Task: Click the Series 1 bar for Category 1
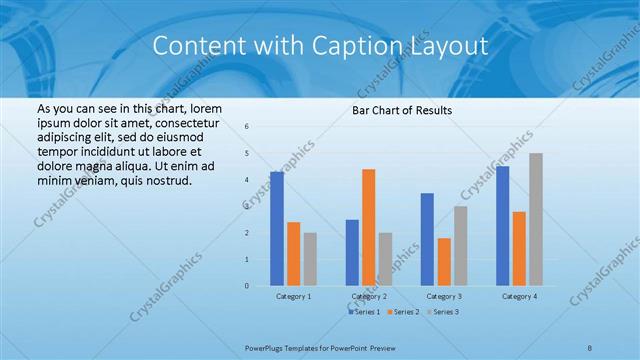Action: point(277,229)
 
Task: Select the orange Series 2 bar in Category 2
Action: point(368,228)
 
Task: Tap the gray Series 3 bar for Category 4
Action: point(536,220)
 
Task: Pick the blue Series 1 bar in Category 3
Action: point(427,240)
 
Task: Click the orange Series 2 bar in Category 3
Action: point(444,262)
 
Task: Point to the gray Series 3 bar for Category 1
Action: point(310,259)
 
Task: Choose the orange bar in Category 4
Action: point(519,249)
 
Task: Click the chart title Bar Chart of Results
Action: point(401,110)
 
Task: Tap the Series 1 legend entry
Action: point(365,312)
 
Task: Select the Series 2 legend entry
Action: point(403,312)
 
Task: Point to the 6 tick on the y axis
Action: point(247,127)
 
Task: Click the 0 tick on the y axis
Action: point(247,286)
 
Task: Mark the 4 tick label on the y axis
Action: point(247,180)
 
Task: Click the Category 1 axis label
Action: point(293,297)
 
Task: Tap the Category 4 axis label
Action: point(519,297)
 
